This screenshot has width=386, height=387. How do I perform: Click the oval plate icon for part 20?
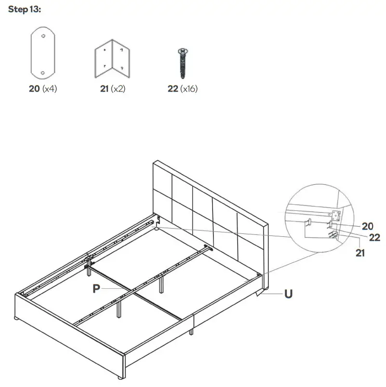click(43, 53)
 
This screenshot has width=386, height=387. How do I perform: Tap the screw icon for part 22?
click(183, 63)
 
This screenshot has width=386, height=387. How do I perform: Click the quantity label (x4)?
click(49, 89)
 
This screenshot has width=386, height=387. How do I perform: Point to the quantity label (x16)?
click(188, 89)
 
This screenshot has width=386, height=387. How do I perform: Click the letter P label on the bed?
click(96, 288)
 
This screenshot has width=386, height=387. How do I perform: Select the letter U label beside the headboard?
click(288, 293)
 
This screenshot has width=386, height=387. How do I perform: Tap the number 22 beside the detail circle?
click(374, 237)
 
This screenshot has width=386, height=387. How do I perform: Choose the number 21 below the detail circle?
click(360, 253)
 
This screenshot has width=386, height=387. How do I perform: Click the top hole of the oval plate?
click(43, 36)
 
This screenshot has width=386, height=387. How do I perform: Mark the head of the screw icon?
click(183, 51)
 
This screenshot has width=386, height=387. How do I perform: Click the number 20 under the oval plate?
click(34, 89)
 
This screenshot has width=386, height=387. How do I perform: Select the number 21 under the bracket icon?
click(104, 89)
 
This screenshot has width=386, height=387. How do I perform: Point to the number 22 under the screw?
click(173, 89)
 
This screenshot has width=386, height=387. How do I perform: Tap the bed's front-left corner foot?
click(18, 318)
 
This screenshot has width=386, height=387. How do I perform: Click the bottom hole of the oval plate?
click(43, 72)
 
